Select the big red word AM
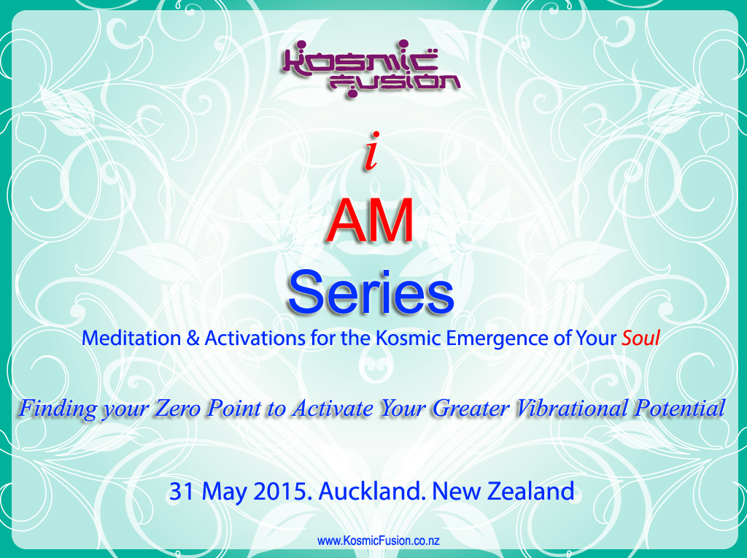(371, 221)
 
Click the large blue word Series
(371, 292)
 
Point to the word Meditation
(131, 338)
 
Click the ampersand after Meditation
(193, 338)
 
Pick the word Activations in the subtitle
(255, 338)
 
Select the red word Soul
(640, 338)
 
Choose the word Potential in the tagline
(679, 408)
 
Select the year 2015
(282, 492)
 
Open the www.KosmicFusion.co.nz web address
(379, 540)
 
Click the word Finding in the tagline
(58, 409)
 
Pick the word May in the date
(224, 492)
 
